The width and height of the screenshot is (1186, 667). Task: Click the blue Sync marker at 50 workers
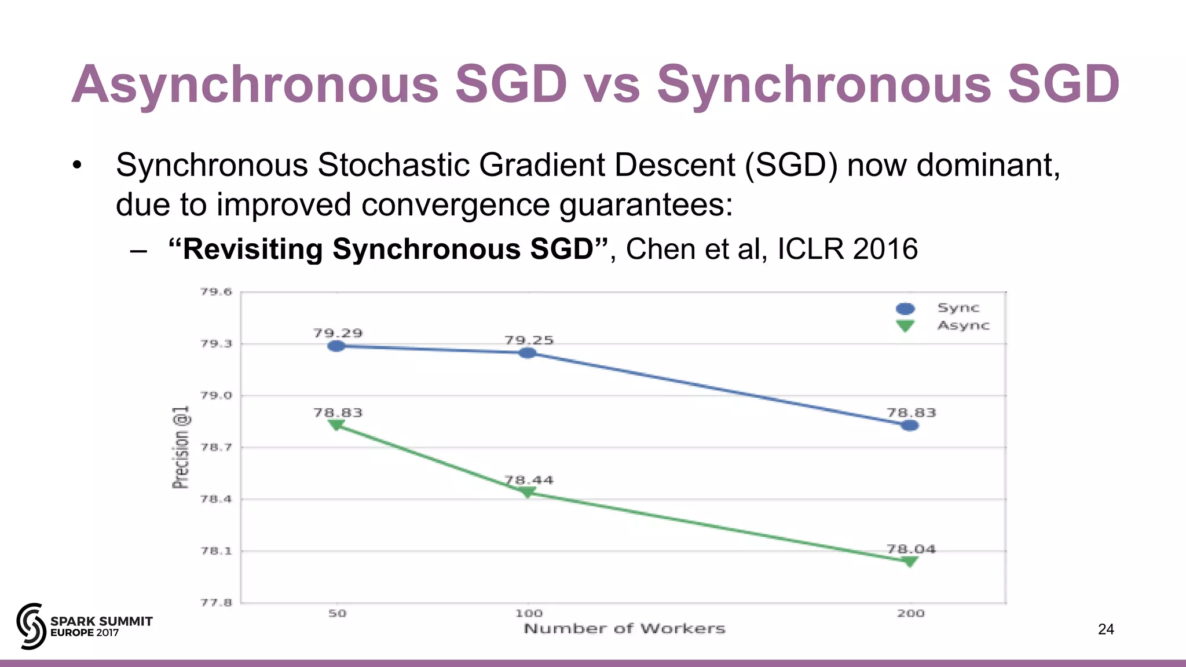coord(336,346)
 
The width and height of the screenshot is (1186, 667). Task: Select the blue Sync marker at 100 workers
coord(528,353)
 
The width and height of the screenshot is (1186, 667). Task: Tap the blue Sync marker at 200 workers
coord(910,426)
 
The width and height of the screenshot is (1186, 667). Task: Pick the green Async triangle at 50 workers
coord(336,425)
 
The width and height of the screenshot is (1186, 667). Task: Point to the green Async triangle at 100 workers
coord(528,492)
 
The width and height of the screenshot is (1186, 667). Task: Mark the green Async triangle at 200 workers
coord(910,561)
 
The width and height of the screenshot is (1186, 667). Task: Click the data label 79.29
coord(338,333)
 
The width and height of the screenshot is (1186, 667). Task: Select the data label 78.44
coord(529,480)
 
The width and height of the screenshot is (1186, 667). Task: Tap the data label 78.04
coord(911,549)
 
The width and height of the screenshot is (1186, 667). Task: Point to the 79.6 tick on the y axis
coord(216,292)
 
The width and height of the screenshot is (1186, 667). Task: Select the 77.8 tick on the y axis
coord(216,603)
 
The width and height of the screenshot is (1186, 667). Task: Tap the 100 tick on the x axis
coord(529,613)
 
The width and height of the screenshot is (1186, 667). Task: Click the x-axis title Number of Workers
coord(624,629)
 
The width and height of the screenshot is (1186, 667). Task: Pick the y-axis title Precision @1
coord(181,447)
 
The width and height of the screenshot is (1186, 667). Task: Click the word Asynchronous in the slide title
coord(255,85)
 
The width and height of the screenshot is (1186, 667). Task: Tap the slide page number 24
coord(1106,629)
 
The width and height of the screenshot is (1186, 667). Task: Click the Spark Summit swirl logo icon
coord(31,626)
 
